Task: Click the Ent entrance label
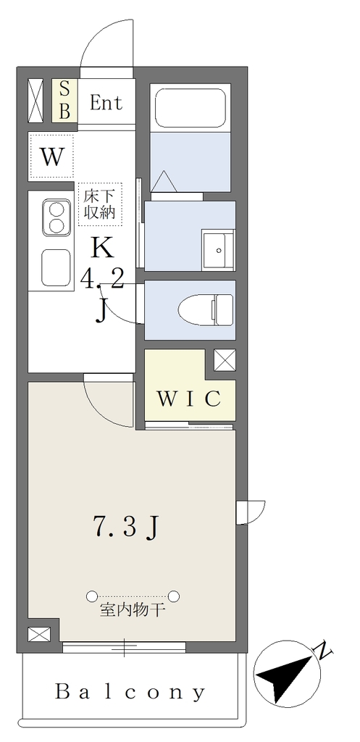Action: tap(106, 103)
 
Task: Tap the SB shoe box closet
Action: tap(64, 100)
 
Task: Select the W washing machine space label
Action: tap(51, 157)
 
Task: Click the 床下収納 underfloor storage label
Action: tap(100, 204)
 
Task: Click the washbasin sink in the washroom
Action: tap(218, 249)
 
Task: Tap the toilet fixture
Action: tap(206, 309)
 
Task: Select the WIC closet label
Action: tap(189, 399)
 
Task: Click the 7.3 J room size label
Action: tap(126, 527)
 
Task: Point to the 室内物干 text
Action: tap(132, 611)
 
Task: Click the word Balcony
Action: tap(130, 693)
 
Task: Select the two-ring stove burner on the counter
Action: tap(56, 217)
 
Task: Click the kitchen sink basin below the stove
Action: tap(56, 268)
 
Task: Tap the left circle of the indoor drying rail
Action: tap(92, 596)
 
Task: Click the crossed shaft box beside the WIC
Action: tap(225, 360)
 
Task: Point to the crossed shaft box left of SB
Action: tap(36, 100)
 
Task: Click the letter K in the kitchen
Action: tap(103, 247)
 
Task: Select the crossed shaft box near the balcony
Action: tap(39, 634)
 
